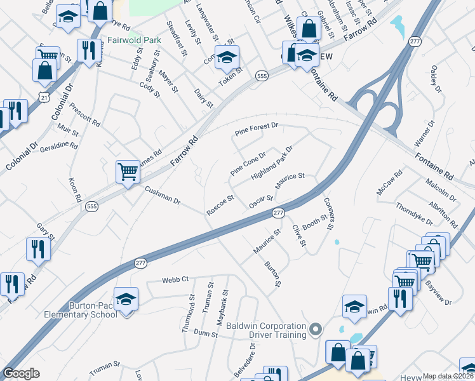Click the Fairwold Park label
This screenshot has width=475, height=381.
coord(134,40)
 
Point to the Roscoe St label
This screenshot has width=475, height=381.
coord(221,204)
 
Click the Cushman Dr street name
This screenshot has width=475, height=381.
coord(163,196)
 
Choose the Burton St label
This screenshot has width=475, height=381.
coord(272,273)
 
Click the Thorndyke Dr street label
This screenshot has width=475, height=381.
coord(414,214)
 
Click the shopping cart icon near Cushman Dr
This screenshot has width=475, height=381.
coord(128,171)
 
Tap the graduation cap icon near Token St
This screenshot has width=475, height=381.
coord(225,57)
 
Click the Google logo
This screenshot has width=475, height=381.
coord(21,373)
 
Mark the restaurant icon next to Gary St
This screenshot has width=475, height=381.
coord(38,249)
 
